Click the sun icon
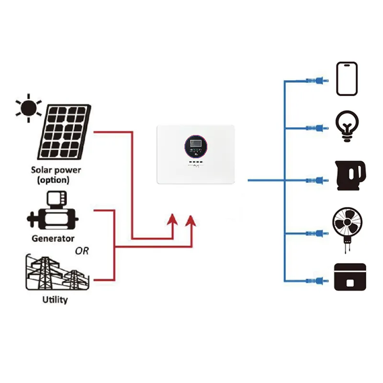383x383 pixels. pyautogui.click(x=28, y=108)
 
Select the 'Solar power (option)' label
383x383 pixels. pyautogui.click(x=56, y=175)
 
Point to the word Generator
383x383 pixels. pyautogui.click(x=53, y=238)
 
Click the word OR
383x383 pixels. pyautogui.click(x=82, y=251)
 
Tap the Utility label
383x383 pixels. pyautogui.click(x=56, y=300)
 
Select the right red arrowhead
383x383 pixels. pyautogui.click(x=191, y=222)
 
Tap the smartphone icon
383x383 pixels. pyautogui.click(x=347, y=79)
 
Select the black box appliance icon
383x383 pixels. pyautogui.click(x=350, y=277)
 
